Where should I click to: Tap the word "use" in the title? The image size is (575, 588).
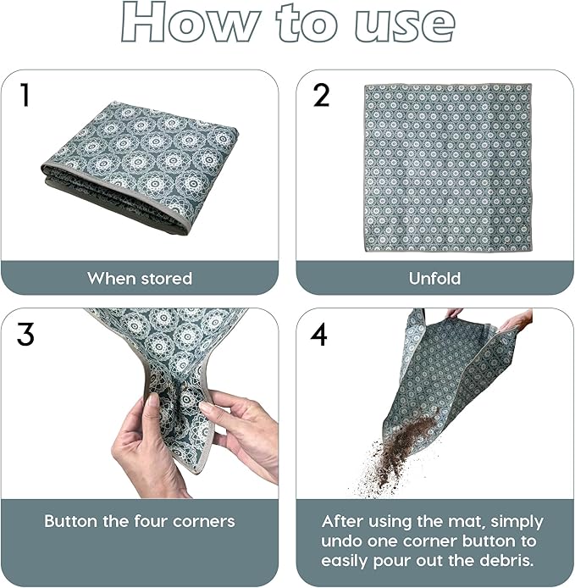coord(400,24)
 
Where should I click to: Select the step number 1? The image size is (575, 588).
coord(25,96)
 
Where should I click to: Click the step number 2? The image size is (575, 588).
coord(321,96)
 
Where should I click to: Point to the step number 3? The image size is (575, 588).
coord(25,335)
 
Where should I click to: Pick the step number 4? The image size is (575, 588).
coord(319,335)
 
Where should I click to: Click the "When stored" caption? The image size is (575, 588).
coord(140,278)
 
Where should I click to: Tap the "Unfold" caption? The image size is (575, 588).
coord(434,278)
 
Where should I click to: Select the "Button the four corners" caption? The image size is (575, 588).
coord(140,521)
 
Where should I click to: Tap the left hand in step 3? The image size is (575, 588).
coord(148,449)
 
